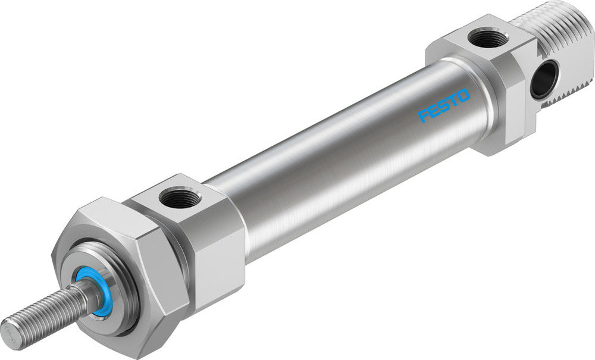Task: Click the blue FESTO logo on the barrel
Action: (444, 105)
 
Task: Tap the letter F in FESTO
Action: (424, 115)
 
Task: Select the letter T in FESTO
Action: (453, 101)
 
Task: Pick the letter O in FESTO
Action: (464, 96)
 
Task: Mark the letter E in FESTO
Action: (434, 110)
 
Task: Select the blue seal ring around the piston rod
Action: (95, 292)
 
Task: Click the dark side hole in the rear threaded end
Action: (543, 79)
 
